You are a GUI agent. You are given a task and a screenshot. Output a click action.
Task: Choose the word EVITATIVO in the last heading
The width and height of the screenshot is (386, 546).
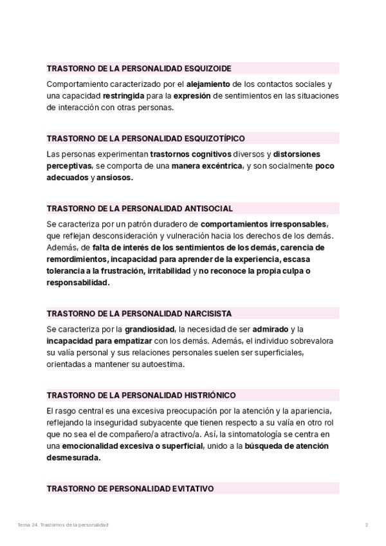click(x=190, y=489)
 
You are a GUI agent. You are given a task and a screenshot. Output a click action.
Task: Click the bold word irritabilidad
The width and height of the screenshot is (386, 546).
click(x=169, y=271)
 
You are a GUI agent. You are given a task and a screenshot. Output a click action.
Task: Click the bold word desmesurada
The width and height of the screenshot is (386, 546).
click(x=73, y=458)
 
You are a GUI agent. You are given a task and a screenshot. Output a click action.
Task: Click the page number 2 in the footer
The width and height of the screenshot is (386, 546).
click(x=366, y=525)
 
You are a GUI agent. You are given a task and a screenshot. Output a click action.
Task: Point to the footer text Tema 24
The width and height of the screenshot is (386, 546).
click(x=28, y=525)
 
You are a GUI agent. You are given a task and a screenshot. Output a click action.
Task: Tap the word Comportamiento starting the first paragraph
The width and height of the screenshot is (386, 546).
click(x=77, y=84)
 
